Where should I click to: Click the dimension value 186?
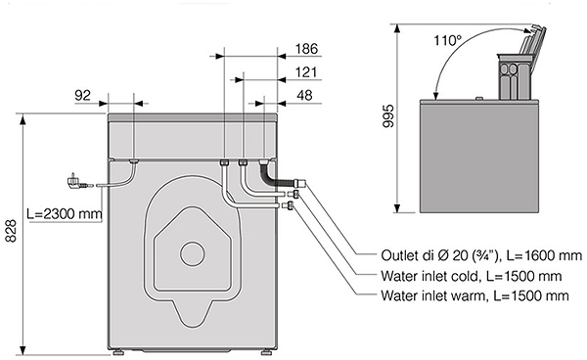(x=306, y=49)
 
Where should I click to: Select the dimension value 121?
(x=306, y=72)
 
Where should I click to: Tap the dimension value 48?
(x=304, y=96)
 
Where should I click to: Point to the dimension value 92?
(x=83, y=96)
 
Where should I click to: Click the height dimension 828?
(x=11, y=231)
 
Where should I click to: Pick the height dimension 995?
(x=389, y=115)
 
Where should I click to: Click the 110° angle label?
(x=448, y=40)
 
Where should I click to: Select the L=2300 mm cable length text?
(x=65, y=213)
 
